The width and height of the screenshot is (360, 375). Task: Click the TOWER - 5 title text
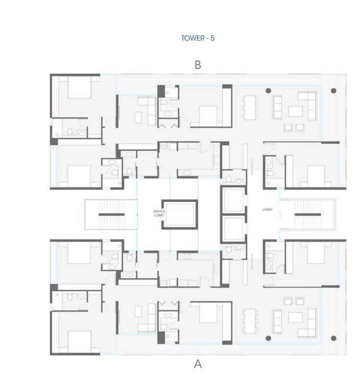[197, 38]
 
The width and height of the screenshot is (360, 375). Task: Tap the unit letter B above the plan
[198, 65]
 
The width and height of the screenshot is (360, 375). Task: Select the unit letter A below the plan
[198, 364]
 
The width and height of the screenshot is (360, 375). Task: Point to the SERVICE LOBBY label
[159, 213]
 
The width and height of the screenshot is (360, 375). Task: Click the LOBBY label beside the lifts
[267, 210]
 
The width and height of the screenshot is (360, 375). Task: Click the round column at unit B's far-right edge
[334, 90]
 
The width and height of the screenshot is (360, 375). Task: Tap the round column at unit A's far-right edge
[334, 338]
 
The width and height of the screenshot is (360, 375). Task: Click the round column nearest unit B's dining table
[268, 90]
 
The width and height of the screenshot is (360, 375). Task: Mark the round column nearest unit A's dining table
[268, 338]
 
